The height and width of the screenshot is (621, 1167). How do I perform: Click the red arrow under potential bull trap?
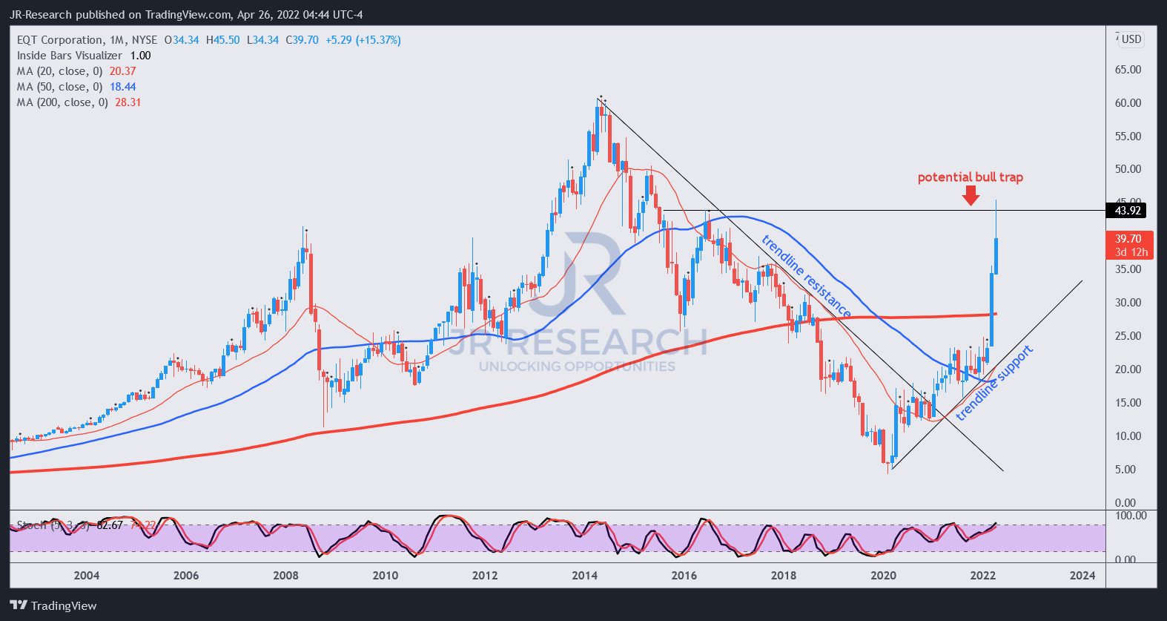(971, 195)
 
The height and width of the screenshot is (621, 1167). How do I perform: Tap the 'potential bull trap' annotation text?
(970, 177)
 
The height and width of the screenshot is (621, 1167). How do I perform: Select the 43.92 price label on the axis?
(1127, 211)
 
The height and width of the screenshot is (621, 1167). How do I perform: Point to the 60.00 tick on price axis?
(1128, 103)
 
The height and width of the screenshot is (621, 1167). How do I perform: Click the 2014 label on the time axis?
(584, 575)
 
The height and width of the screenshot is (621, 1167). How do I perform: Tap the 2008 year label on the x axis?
(285, 575)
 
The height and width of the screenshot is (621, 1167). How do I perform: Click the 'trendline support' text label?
(994, 383)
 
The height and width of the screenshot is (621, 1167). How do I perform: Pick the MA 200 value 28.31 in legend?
(128, 102)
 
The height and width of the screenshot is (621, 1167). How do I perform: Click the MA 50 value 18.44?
(123, 87)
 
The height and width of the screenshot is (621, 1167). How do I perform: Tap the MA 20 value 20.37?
(123, 71)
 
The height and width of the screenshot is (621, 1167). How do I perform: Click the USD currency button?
(1131, 39)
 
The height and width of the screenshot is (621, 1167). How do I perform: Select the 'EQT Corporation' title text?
(60, 40)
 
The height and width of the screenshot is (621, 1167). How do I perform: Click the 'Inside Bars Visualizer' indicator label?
(70, 56)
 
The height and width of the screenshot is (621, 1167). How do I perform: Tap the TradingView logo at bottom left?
(53, 605)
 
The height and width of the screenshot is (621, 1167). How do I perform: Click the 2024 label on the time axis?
(1082, 575)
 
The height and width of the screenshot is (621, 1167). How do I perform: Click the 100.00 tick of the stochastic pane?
(1130, 515)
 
